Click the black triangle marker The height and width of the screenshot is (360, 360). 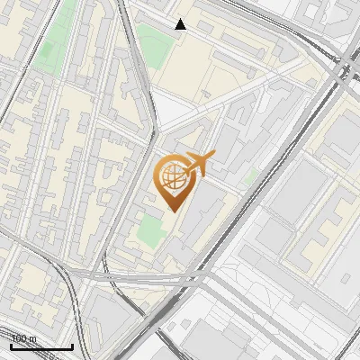tap(181, 24)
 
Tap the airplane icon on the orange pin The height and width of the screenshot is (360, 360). tap(197, 164)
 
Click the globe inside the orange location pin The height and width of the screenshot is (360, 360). tap(172, 177)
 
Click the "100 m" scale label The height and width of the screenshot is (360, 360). tap(24, 338)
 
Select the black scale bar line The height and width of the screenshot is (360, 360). tap(41, 346)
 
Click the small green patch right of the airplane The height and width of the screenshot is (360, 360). tap(252, 176)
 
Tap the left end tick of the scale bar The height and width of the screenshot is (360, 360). tap(11, 345)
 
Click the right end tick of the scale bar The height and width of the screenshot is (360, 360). tap(72, 345)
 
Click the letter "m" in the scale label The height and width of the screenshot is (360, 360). tap(33, 338)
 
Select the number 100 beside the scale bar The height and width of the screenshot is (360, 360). tap(20, 338)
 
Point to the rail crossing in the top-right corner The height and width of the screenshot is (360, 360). tap(344, 65)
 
